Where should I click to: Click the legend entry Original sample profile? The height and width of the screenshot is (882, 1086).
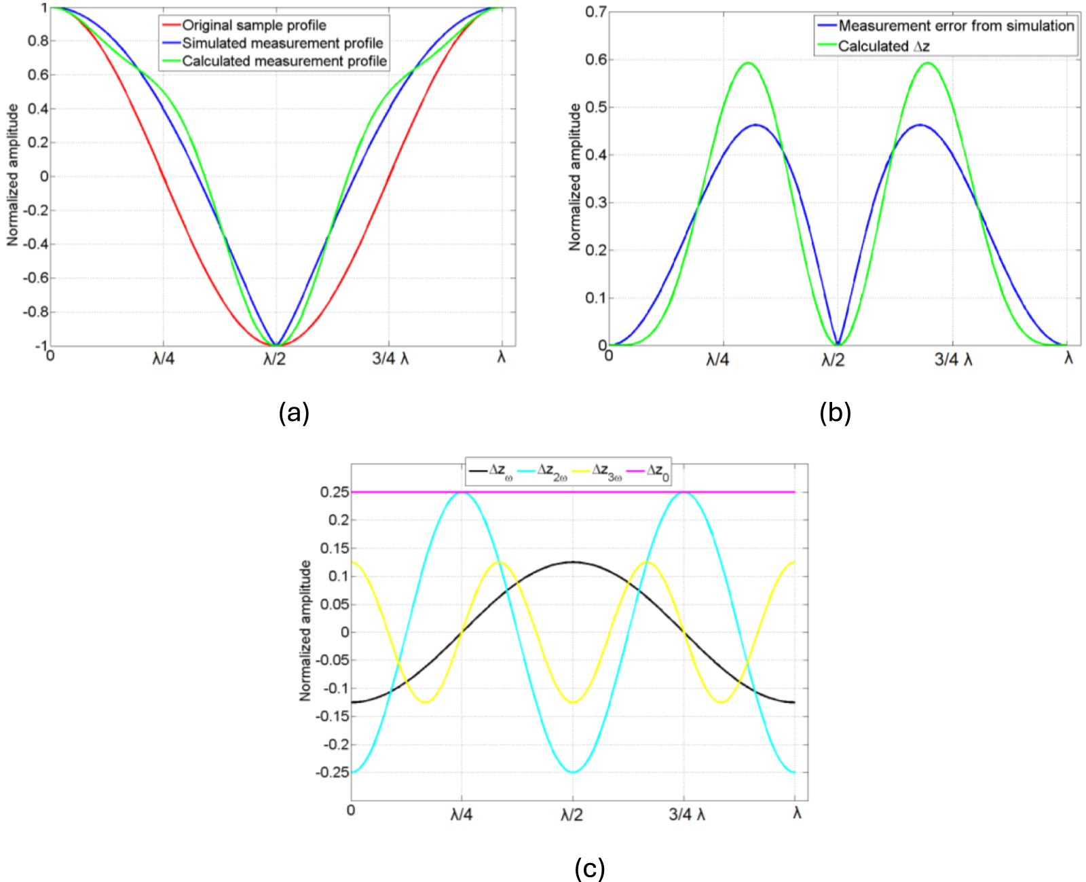[254, 25]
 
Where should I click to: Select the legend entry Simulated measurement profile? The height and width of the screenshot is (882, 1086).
[282, 43]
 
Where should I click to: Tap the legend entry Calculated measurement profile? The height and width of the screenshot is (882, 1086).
[284, 61]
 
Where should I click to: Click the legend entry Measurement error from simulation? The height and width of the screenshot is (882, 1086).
[956, 26]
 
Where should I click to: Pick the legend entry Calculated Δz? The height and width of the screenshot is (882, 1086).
[884, 46]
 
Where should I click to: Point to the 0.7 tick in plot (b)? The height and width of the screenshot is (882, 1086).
[596, 12]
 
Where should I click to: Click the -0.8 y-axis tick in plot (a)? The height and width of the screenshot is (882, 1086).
[35, 312]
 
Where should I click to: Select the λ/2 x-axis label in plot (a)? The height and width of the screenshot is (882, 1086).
[275, 359]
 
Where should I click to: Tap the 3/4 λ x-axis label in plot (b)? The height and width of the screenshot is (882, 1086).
[953, 360]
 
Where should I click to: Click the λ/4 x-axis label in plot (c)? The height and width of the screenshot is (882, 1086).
[462, 814]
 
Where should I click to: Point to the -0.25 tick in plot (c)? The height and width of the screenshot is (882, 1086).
[333, 772]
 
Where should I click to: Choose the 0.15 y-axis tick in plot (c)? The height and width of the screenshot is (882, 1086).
[335, 548]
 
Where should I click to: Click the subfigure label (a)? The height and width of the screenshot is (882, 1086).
[294, 412]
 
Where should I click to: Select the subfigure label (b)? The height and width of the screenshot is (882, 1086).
[835, 412]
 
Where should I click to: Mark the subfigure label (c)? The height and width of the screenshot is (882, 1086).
[589, 868]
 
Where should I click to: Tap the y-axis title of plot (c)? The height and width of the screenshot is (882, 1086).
[305, 631]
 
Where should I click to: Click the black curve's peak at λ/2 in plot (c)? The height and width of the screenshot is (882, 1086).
[573, 562]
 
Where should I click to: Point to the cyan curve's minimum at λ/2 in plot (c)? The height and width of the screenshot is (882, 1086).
[573, 772]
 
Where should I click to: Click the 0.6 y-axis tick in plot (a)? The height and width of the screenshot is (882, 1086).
[38, 75]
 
